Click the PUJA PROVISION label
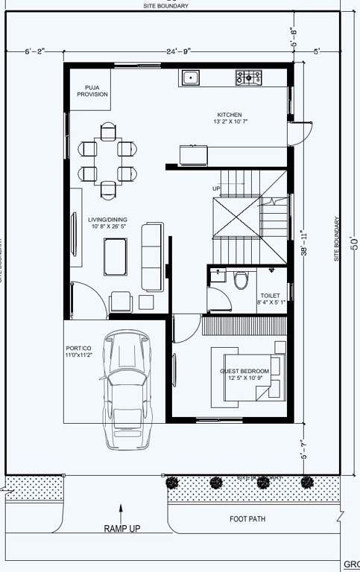pos(92,91)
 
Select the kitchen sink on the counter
pos(191,76)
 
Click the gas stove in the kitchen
pos(249,76)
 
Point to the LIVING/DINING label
pos(108,223)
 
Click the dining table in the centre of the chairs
pos(109,159)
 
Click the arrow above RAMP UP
pos(121,511)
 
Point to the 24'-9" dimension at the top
pos(179,51)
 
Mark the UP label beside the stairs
pos(217,188)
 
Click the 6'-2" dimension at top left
pos(34,51)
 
